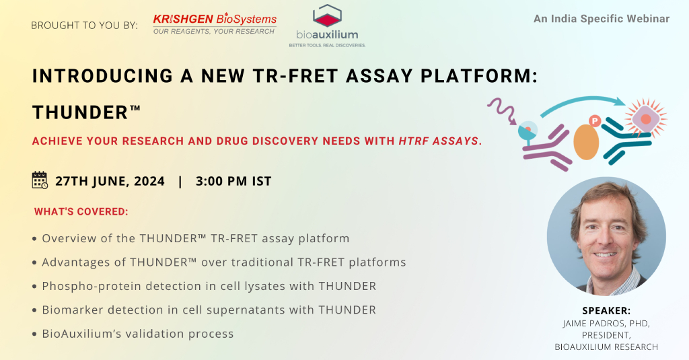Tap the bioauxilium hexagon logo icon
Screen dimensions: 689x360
coord(327,15)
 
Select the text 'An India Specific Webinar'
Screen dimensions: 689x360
coord(602,19)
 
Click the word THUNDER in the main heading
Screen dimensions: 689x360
coord(81,112)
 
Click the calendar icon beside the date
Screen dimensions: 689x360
coord(40,180)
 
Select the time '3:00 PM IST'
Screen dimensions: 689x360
coord(233,181)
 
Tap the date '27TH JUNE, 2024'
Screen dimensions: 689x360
coord(110,181)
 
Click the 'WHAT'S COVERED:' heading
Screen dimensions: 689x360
coord(81,212)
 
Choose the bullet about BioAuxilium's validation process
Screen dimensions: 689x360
coord(133,334)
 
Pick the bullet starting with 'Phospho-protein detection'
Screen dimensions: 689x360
coord(205,286)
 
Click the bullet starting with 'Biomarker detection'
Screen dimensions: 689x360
coord(205,310)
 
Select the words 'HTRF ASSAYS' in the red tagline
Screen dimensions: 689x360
coord(438,141)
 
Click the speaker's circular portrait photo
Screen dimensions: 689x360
coord(606,236)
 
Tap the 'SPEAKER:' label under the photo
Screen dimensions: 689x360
coord(606,311)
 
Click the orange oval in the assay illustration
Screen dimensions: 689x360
coord(586,142)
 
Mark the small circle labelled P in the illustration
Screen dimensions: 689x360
coord(595,121)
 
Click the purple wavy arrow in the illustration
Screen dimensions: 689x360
coord(502,110)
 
